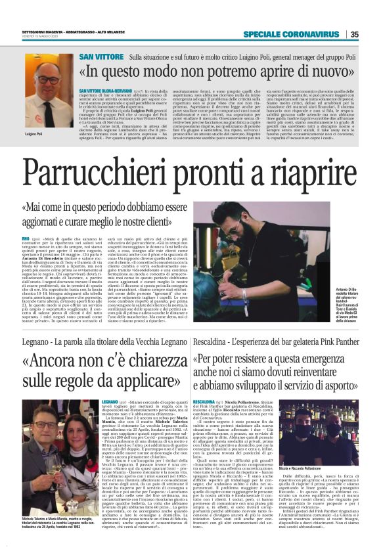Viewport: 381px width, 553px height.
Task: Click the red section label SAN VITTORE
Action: click(101, 58)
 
